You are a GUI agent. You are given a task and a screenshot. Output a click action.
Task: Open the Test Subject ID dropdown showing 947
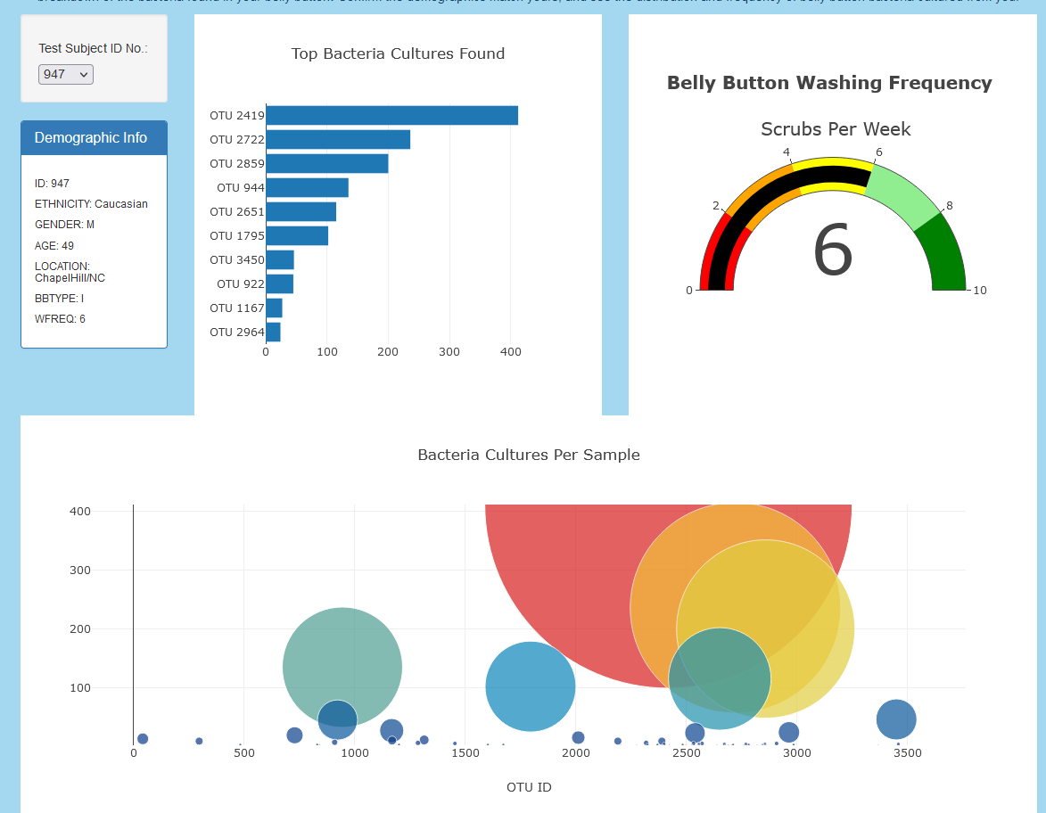tap(65, 75)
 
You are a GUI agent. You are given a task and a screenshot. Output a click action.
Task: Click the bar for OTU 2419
tap(391, 116)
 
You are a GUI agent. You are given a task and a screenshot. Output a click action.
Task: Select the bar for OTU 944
tap(307, 188)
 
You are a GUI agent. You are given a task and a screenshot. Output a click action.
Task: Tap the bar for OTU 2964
tap(273, 333)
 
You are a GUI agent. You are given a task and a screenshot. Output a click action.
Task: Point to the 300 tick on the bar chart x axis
tap(449, 352)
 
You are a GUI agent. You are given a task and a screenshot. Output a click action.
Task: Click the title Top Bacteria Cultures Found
tap(398, 54)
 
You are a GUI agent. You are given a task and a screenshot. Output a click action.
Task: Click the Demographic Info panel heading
tap(91, 138)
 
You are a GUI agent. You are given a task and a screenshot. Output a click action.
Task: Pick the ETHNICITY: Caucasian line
tap(91, 204)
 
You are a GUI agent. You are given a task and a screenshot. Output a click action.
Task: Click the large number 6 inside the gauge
tap(833, 251)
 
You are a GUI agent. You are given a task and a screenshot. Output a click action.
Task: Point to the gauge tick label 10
tap(979, 291)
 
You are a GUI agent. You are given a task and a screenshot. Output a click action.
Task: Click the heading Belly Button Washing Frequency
tap(828, 84)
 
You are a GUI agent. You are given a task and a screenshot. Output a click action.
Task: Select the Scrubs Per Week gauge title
tap(836, 129)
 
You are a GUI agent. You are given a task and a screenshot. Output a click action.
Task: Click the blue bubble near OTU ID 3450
tap(896, 719)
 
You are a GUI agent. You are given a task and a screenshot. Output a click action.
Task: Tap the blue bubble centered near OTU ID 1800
tap(531, 686)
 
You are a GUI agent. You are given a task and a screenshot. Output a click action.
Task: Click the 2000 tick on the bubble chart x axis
tap(576, 753)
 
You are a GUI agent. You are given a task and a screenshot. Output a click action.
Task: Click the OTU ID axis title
tap(529, 787)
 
